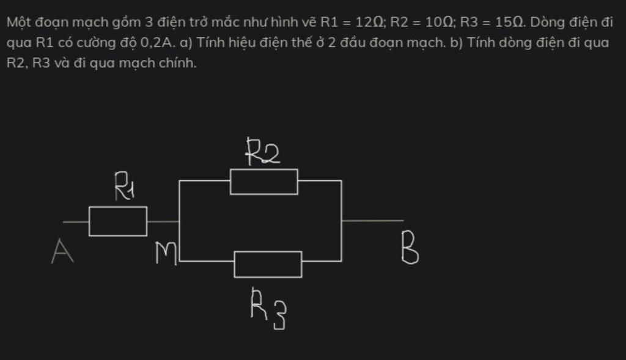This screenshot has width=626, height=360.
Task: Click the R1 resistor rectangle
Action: (118, 221)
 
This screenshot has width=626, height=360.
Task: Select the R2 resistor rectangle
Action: (263, 182)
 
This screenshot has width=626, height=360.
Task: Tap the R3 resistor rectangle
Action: (268, 264)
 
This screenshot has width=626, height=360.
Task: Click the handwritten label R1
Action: (125, 186)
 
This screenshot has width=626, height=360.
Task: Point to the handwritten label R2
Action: (262, 152)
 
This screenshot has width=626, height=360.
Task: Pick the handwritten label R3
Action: (268, 309)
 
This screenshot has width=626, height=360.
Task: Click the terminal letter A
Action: (62, 251)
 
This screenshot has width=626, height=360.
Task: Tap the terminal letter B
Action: (410, 250)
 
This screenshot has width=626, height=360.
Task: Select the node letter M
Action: (165, 253)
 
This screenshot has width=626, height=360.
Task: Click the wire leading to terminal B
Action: (373, 220)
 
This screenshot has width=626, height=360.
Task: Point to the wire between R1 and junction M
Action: (163, 221)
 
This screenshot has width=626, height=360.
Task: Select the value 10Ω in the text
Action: (438, 23)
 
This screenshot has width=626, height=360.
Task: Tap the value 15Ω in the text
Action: (509, 23)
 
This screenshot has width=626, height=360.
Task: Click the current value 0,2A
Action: (158, 43)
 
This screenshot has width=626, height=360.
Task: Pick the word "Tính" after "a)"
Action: (208, 43)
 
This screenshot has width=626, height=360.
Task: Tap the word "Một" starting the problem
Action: (19, 23)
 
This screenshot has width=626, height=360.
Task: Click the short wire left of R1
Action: (76, 221)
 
